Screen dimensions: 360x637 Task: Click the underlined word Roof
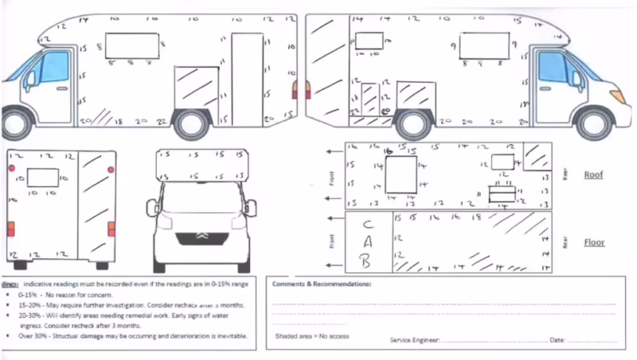click(594, 174)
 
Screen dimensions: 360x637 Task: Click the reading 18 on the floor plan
click(477, 217)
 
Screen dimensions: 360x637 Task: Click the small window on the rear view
click(43, 178)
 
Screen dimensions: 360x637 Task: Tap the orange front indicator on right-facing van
click(616, 96)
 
